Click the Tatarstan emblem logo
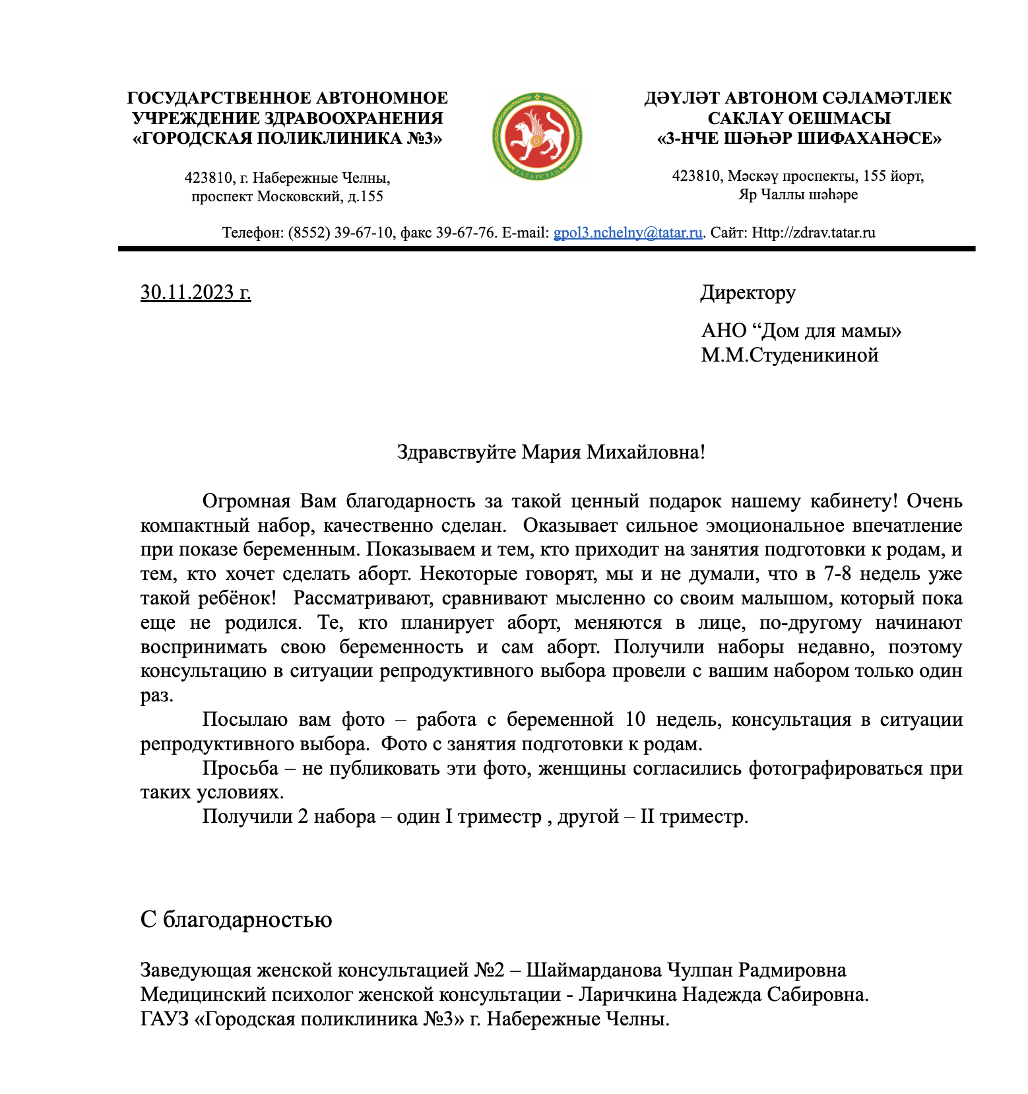536,137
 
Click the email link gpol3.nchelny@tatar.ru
627,233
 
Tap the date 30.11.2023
195,292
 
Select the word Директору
748,292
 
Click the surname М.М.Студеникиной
789,355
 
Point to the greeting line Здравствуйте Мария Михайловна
550,452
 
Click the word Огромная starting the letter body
246,501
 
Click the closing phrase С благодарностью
236,919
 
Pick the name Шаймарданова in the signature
593,970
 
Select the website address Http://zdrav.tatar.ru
814,233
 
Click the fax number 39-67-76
465,233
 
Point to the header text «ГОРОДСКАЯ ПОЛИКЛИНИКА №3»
287,139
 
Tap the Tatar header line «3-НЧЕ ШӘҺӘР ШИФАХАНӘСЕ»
799,139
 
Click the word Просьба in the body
240,768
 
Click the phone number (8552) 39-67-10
340,233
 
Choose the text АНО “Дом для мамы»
801,331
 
